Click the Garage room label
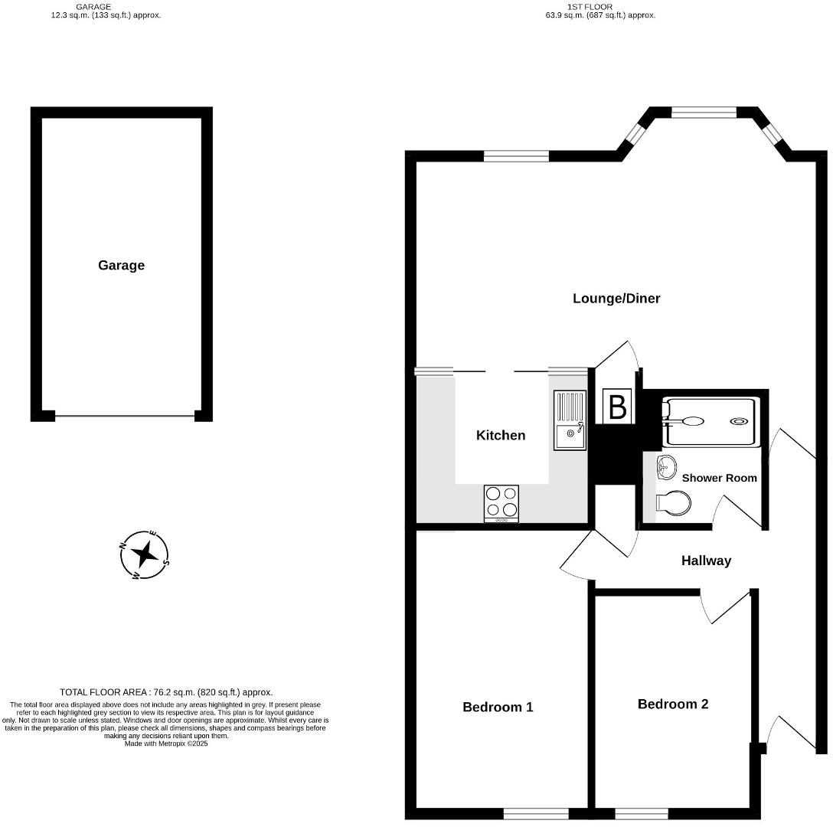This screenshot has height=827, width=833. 121,266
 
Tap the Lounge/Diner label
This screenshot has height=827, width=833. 616,298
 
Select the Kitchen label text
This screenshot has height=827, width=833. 501,435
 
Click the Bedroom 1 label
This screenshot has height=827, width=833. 498,707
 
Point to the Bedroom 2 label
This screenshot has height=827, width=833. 673,704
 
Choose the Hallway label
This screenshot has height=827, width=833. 706,561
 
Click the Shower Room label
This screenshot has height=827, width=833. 719,478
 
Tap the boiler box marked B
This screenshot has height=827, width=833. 617,407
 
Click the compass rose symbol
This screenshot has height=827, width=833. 145,554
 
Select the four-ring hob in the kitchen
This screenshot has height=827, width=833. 501,502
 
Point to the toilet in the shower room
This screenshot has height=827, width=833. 675,502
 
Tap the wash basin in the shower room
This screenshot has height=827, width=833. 666,466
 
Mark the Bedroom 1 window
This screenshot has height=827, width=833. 536,813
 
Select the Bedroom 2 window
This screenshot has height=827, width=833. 642,813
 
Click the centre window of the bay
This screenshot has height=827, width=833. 704,113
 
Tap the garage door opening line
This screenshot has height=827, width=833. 124,417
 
